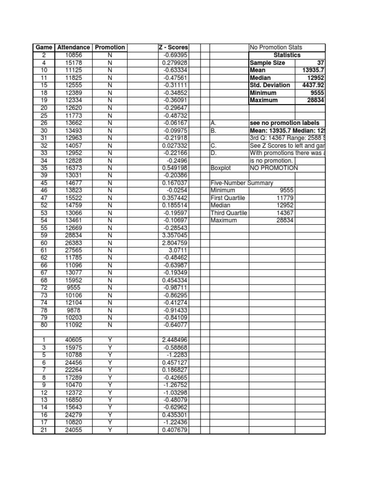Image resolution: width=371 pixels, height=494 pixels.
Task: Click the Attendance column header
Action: pyautogui.click(x=73, y=47)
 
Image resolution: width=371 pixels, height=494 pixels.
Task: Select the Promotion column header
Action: pyautogui.click(x=110, y=47)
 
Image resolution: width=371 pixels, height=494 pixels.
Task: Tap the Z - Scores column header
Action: pyautogui.click(x=173, y=47)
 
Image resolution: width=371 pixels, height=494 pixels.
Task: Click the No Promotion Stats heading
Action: pyautogui.click(x=276, y=47)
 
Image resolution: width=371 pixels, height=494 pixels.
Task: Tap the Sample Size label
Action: pyautogui.click(x=267, y=63)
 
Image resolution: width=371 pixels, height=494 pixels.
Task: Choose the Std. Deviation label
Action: pyautogui.click(x=270, y=85)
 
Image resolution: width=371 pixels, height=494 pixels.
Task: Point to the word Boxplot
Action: pyautogui.click(x=221, y=168)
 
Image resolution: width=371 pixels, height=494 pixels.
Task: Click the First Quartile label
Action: pyautogui.click(x=228, y=198)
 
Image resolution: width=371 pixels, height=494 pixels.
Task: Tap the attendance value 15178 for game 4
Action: pyautogui.click(x=73, y=63)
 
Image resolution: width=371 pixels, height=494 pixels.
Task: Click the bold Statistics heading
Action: pyautogui.click(x=287, y=55)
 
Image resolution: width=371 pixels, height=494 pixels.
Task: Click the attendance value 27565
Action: pyautogui.click(x=73, y=251)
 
